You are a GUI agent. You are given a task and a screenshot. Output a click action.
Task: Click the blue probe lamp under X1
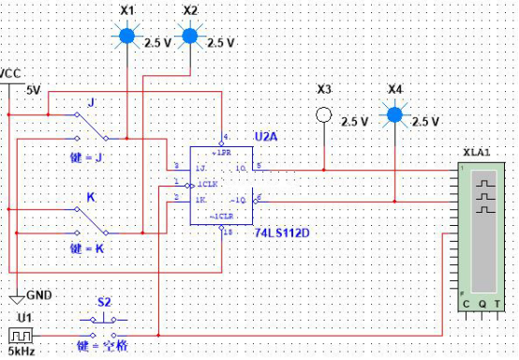pos(127,37)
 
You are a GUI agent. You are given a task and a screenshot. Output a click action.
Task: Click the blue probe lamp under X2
pos(190,37)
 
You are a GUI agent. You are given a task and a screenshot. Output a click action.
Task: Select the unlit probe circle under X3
pos(324,115)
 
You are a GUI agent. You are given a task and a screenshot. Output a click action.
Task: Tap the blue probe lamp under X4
pos(395,115)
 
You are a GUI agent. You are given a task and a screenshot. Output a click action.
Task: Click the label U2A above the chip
pos(265,137)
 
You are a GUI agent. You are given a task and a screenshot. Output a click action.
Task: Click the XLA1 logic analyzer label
pos(476,152)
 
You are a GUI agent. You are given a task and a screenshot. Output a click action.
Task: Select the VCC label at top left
pos(11,73)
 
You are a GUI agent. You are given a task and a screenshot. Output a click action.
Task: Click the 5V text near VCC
pos(33,91)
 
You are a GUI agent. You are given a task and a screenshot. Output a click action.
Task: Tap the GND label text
pos(39,294)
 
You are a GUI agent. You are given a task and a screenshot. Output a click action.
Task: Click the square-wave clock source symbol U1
pos(20,335)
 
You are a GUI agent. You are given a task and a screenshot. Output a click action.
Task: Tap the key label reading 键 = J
pos(87,158)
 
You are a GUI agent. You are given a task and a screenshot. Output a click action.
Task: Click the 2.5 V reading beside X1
pos(156,42)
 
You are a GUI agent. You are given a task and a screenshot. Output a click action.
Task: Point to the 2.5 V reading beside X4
pos(425,122)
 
